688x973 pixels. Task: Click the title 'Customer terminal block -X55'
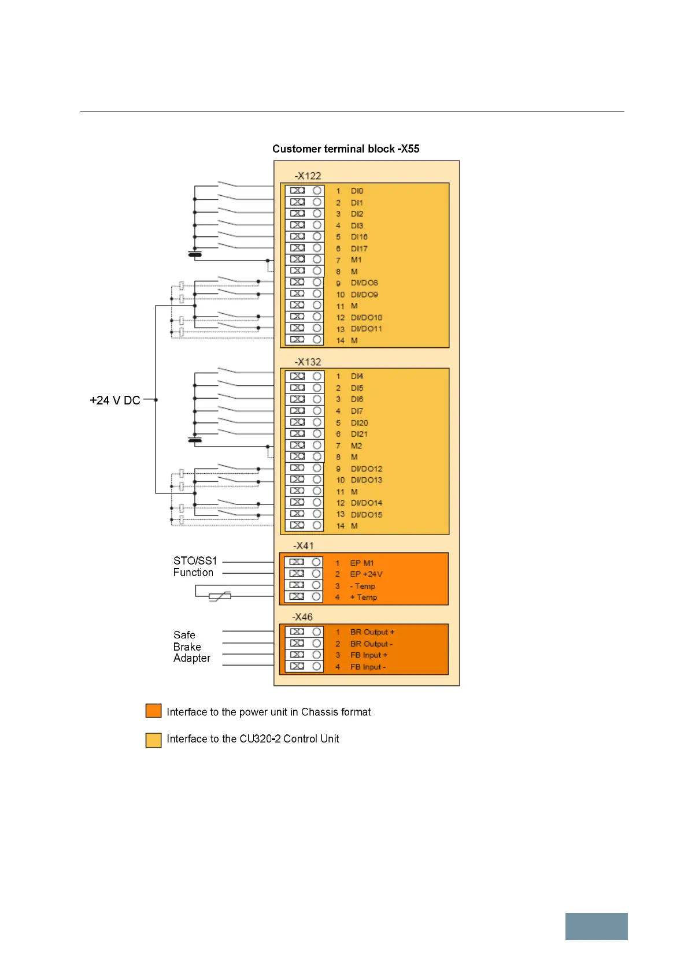pos(346,148)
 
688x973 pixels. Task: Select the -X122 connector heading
pos(308,176)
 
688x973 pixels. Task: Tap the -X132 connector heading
pos(308,362)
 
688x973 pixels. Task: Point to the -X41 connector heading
pos(303,545)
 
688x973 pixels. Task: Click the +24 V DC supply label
pos(115,400)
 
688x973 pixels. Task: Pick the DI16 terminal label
pos(359,237)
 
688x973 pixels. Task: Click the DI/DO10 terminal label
pos(366,317)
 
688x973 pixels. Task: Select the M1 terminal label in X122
pos(356,260)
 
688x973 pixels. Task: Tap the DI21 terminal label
pos(359,434)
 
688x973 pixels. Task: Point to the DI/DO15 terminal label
pos(366,514)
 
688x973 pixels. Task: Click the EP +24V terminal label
pos(366,574)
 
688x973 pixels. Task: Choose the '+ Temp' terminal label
pos(363,597)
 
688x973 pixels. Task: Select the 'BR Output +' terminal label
pos(372,632)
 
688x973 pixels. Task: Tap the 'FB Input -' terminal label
pos(368,667)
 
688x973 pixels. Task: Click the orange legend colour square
pos(153,711)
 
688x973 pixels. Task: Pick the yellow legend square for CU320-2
pos(153,740)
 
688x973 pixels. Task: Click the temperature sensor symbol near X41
pos(220,596)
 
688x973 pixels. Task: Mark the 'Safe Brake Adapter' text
pos(191,647)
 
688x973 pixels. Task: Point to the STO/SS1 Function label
pos(195,566)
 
